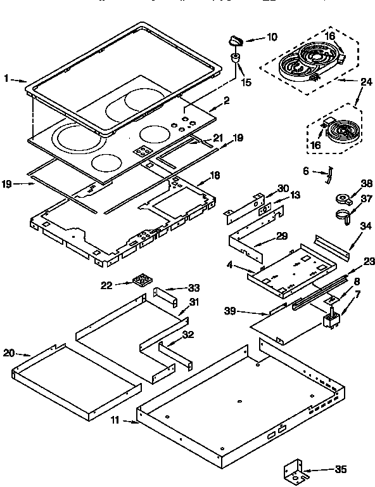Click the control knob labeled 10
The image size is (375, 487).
point(235,41)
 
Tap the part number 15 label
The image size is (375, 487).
point(246,81)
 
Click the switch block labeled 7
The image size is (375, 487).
point(332,319)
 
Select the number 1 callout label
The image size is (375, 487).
point(6,79)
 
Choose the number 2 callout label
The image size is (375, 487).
point(227,100)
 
